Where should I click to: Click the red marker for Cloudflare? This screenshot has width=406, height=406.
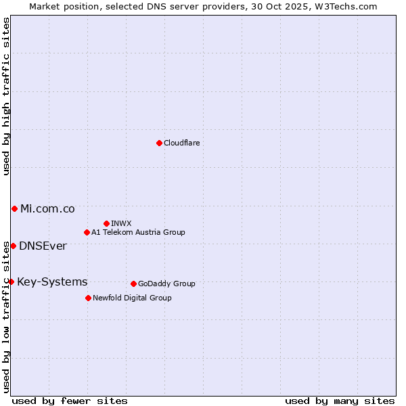(x=159, y=143)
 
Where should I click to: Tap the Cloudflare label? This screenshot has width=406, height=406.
(x=181, y=143)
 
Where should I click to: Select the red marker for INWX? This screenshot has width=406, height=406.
(x=106, y=223)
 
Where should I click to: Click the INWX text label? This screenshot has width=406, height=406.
(x=121, y=223)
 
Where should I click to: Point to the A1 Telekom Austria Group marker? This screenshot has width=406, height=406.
(x=87, y=232)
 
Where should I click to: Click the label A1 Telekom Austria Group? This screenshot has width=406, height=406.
(x=138, y=232)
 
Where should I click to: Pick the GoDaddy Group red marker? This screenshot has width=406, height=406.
(x=133, y=284)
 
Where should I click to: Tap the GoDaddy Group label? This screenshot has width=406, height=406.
(x=166, y=284)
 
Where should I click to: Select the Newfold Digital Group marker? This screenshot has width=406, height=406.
(x=88, y=298)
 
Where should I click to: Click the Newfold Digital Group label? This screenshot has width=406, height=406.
(x=132, y=298)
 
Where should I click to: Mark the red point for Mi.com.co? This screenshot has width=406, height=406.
(x=14, y=208)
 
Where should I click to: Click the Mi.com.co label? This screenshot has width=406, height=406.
(x=47, y=208)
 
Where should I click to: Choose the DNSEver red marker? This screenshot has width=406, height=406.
(x=13, y=246)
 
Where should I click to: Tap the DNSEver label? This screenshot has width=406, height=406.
(x=43, y=246)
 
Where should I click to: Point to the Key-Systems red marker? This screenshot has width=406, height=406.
(x=11, y=281)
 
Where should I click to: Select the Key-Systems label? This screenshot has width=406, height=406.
(x=52, y=281)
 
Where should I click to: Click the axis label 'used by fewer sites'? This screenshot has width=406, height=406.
(x=70, y=401)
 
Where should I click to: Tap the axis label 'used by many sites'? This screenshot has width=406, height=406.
(x=340, y=401)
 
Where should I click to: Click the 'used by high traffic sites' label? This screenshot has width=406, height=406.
(x=6, y=96)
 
